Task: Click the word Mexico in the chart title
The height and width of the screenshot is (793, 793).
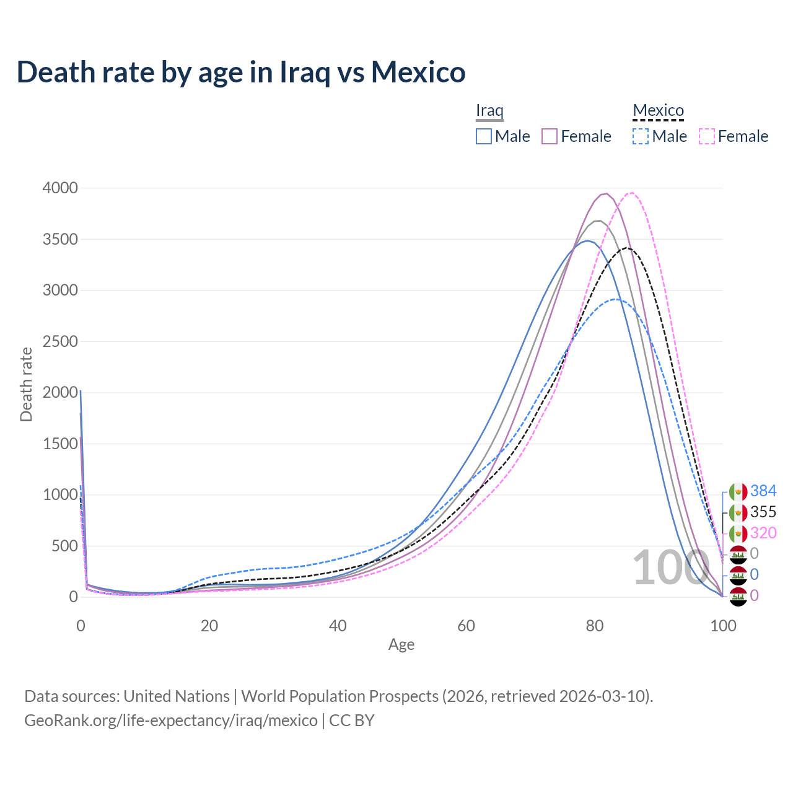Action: point(418,72)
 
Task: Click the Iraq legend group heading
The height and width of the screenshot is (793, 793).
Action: point(489,111)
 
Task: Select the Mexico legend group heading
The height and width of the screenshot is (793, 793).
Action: point(658,111)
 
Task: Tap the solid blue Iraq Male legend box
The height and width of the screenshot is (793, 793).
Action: point(484,136)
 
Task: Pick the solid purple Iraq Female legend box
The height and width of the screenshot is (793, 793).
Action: point(550,136)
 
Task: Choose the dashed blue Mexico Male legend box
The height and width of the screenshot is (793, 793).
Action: point(641,136)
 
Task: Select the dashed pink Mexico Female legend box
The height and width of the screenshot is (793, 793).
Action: point(707,136)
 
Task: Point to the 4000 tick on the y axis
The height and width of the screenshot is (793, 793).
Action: point(60,188)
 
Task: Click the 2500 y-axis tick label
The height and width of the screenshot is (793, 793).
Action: point(60,341)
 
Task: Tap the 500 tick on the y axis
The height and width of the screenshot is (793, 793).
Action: point(64,546)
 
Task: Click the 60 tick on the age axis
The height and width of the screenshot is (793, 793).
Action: point(467,626)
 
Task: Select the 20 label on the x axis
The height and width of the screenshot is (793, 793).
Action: point(209,626)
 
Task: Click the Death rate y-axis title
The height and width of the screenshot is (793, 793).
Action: point(26,384)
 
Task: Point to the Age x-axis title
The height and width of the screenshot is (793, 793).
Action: point(401,644)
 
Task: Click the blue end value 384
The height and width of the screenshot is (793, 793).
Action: point(763,491)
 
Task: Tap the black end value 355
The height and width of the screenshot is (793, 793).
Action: point(763,512)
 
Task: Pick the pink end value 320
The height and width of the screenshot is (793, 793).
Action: point(763,533)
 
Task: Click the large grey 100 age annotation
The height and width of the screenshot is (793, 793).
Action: point(670,567)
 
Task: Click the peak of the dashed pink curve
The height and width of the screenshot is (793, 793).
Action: point(631,193)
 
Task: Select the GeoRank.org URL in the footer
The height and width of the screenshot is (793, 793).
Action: point(171,721)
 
